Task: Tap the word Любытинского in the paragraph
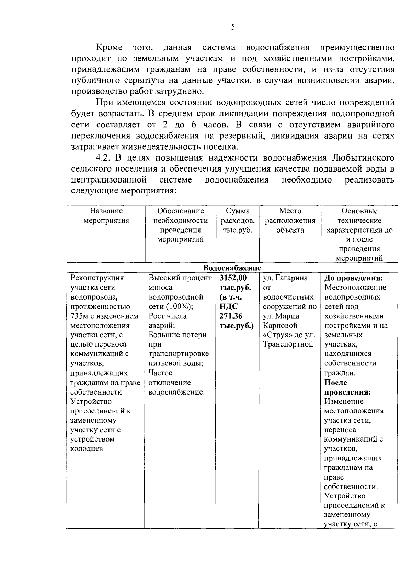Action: [363, 158]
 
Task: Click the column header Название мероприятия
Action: [106, 216]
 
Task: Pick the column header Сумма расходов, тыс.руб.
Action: [238, 220]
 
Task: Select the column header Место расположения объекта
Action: [290, 220]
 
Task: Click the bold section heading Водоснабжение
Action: [232, 268]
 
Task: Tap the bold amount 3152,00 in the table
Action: [233, 278]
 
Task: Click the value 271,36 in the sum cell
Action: [231, 316]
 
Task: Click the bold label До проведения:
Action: [353, 278]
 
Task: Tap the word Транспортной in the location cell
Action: [288, 344]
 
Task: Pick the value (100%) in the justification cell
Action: [178, 306]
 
